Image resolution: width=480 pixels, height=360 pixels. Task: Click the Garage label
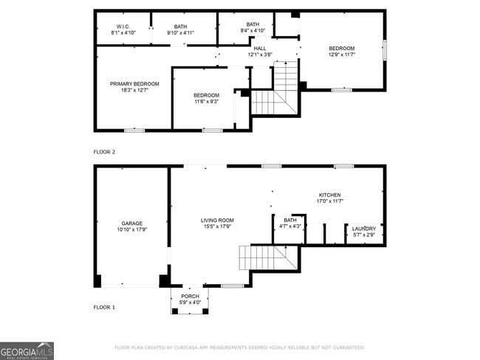[132, 223]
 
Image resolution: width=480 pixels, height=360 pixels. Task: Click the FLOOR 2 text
[104, 152]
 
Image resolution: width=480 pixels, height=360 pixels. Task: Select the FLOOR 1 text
[104, 306]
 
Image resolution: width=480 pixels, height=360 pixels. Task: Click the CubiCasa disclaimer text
[239, 347]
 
